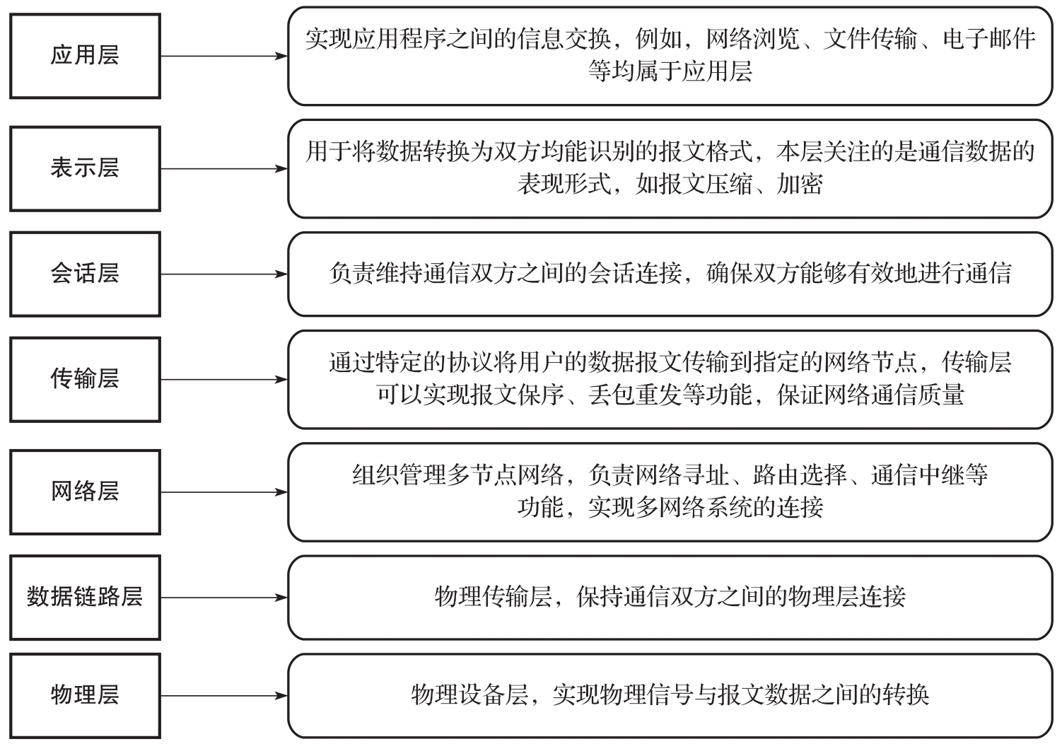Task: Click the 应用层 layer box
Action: [86, 56]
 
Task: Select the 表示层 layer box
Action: [86, 169]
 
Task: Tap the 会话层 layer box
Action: [86, 274]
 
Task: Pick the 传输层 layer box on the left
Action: [86, 379]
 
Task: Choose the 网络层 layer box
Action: [86, 492]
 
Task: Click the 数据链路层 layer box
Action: [86, 598]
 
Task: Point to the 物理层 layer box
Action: [86, 696]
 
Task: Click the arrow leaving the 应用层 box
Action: [224, 56]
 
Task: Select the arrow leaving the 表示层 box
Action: [224, 169]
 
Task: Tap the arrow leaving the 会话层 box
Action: [224, 274]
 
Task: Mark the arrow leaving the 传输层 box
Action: [224, 379]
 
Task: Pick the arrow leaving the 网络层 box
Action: [224, 492]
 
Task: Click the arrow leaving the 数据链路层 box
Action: [224, 598]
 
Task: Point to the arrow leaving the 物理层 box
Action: [224, 696]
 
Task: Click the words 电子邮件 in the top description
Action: [988, 39]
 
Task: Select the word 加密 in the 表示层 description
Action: [800, 184]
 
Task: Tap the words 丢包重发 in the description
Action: [636, 395]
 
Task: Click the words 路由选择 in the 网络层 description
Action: [800, 475]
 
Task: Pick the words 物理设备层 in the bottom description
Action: [469, 694]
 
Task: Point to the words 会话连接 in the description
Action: [636, 274]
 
